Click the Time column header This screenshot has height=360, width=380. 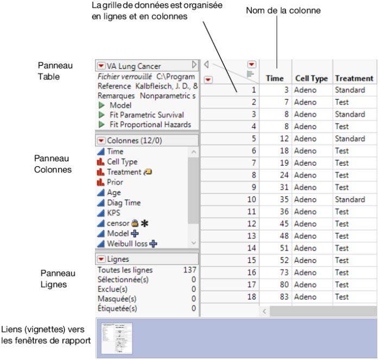coord(275,79)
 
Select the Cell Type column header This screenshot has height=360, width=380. coord(311,79)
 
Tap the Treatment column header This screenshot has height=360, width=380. coord(354,79)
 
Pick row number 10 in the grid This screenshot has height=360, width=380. coord(250,199)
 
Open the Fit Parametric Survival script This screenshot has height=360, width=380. coord(147,115)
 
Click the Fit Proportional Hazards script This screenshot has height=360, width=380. coord(150,125)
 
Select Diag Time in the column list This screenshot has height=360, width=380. coord(124,203)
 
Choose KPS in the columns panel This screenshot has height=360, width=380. coord(115,213)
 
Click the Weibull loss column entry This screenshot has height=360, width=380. coord(127,243)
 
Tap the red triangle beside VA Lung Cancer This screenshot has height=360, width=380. coord(102,66)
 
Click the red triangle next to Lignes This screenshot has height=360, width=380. coord(102,259)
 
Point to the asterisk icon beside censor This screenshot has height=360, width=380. coord(144,223)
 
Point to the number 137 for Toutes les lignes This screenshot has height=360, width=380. coord(189,270)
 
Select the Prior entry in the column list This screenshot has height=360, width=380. coord(115,182)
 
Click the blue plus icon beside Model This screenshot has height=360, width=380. coord(134,233)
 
